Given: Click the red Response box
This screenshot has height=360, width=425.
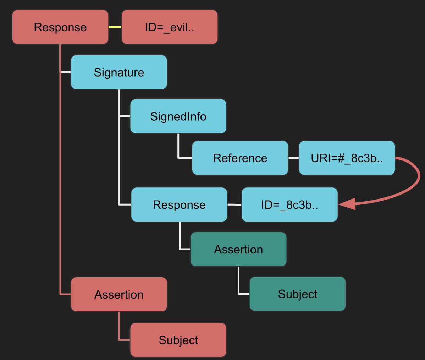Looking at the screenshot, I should click(60, 27).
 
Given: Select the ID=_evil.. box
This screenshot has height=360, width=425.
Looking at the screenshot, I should click(169, 27).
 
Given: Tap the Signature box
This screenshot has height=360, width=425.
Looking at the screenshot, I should click(119, 72).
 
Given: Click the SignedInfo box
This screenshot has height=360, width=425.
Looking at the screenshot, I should click(178, 116).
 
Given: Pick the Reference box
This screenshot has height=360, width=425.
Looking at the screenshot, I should click(240, 158).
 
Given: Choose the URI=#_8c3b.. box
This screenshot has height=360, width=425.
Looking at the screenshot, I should click(347, 158).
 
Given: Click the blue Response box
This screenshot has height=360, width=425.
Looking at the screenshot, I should click(179, 205).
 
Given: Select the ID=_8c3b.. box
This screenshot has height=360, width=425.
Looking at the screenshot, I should click(289, 205).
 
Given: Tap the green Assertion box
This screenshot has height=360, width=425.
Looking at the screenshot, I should click(238, 250).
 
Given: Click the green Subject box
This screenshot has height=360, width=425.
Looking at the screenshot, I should click(297, 294).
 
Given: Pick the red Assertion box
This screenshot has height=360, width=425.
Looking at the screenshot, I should click(119, 294).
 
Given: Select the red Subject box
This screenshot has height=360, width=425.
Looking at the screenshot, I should click(178, 340).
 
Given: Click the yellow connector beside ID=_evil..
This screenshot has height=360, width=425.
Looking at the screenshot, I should click(115, 27).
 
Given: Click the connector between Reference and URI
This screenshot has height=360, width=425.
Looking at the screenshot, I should click(293, 158).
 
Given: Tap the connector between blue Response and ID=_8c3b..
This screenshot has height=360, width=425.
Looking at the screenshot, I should click(234, 204).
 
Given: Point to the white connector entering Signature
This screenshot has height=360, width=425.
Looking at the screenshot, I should click(66, 72).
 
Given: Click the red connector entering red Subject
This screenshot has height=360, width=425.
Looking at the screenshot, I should click(124, 340).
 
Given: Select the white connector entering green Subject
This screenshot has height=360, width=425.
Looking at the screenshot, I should click(244, 294).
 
